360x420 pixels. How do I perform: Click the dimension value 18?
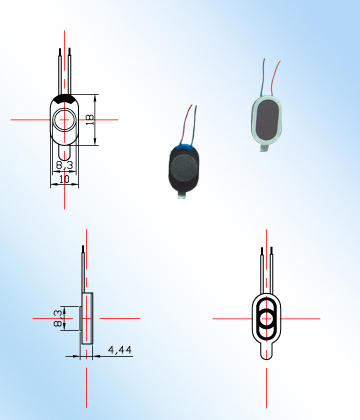pyautogui.click(x=90, y=119)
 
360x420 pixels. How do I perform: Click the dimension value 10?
pyautogui.click(x=64, y=180)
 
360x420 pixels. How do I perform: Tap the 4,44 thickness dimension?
pyautogui.click(x=119, y=349)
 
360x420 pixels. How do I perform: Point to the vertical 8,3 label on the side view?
pyautogui.click(x=58, y=319)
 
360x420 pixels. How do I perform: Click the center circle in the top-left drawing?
pyautogui.click(x=66, y=120)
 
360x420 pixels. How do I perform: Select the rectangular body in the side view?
pyautogui.click(x=88, y=319)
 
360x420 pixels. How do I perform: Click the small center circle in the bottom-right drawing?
pyautogui.click(x=267, y=319)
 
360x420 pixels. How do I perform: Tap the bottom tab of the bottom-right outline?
pyautogui.click(x=267, y=351)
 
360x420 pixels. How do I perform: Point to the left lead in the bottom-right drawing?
pyautogui.click(x=262, y=267)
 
